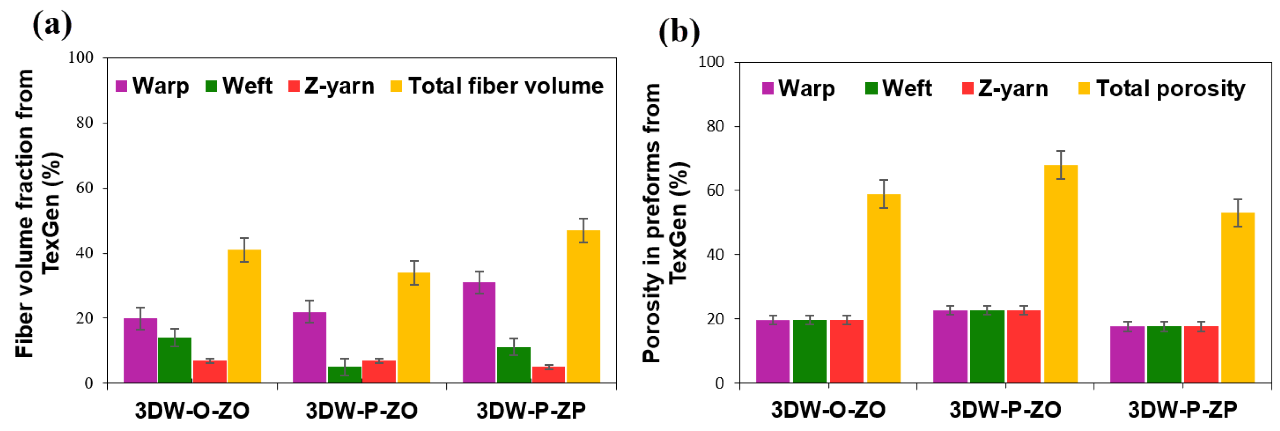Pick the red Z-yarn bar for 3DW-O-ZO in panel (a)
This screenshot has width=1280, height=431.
point(210,371)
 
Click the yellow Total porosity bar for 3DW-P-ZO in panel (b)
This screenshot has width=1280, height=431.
point(1060,273)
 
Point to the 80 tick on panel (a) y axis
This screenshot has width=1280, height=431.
point(84,123)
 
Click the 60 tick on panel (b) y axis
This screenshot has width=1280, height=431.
point(716,190)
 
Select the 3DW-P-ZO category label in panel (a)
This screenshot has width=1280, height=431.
point(361,410)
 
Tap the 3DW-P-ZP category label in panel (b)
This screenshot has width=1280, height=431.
point(1182,410)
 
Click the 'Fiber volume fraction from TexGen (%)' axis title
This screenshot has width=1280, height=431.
point(37,214)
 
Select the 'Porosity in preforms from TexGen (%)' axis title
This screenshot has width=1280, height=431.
point(664,222)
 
